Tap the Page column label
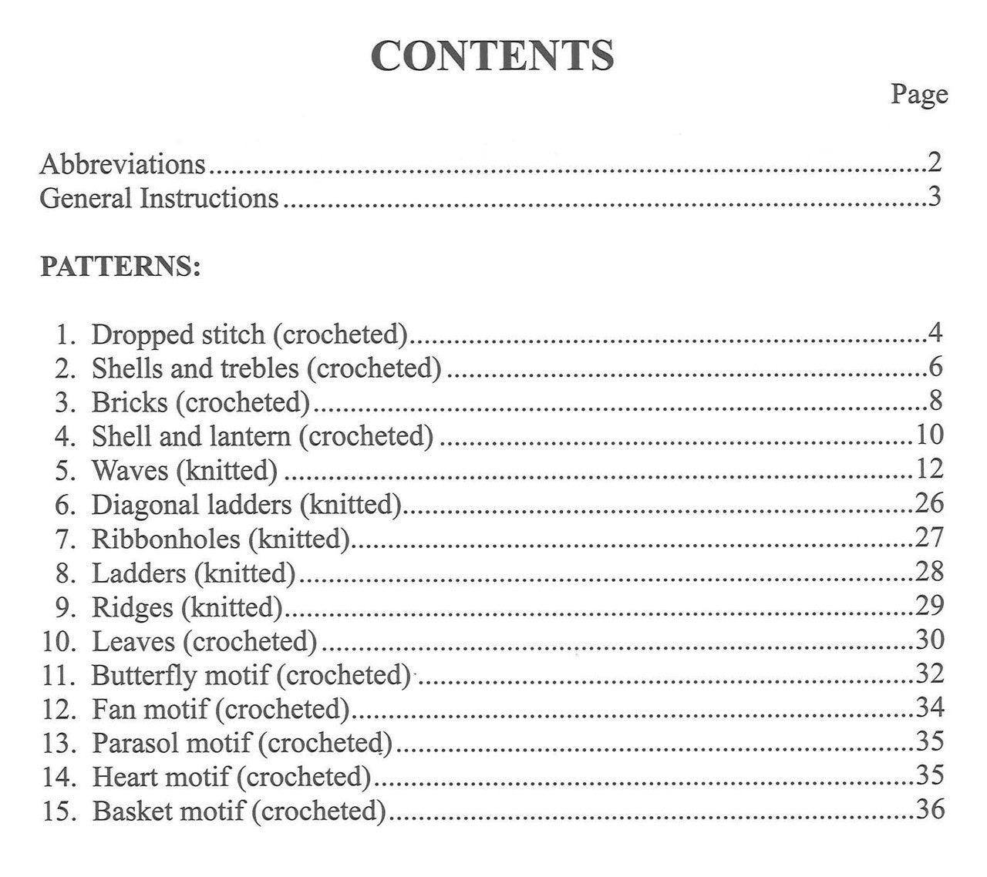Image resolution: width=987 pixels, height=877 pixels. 919,95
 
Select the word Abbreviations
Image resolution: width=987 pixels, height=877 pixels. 123,164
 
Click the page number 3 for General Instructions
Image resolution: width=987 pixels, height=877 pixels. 934,197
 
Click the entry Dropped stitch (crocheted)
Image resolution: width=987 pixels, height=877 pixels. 249,334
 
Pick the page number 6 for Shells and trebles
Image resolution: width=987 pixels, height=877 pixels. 935,367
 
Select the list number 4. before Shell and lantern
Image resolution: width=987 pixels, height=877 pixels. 65,437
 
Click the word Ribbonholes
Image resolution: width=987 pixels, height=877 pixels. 166,539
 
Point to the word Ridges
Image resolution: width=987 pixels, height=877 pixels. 132,608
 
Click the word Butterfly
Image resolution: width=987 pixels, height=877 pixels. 144,676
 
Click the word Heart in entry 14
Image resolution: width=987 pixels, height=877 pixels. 121,777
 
